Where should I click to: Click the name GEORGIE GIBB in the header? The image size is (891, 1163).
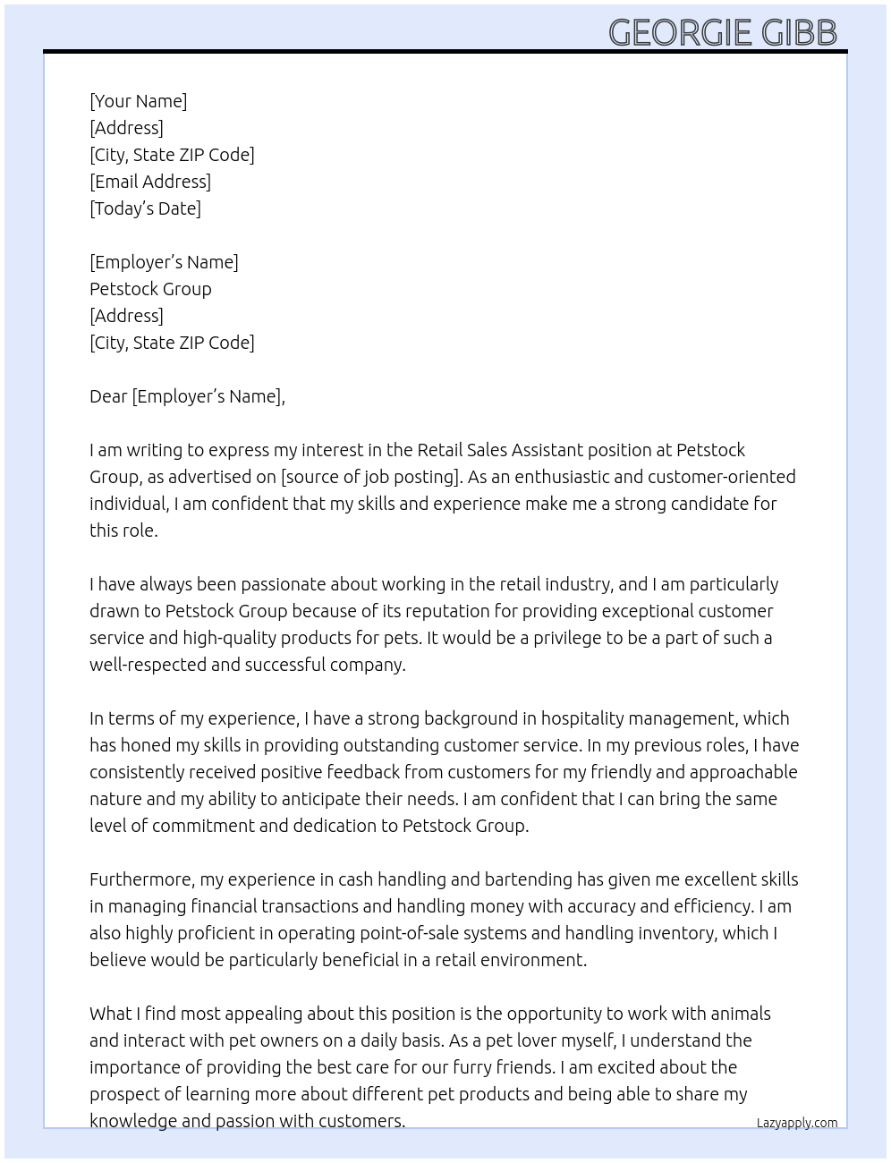(723, 32)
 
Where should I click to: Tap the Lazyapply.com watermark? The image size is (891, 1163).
(796, 1123)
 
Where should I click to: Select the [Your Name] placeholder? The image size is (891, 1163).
(138, 101)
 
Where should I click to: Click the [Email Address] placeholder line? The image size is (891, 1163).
(149, 182)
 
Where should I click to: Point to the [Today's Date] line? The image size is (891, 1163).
(145, 208)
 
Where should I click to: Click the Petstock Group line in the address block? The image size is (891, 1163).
(150, 289)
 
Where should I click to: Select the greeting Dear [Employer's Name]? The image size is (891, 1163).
(187, 396)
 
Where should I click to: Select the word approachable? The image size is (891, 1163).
(742, 772)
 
